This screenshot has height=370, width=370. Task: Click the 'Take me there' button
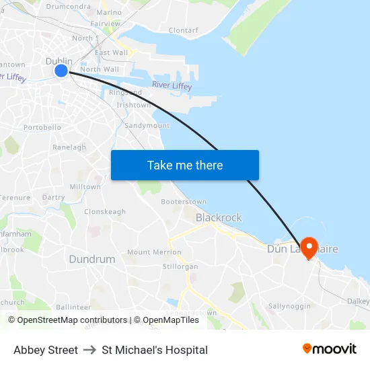pyautogui.click(x=184, y=165)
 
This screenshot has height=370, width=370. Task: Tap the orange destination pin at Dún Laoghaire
pyautogui.click(x=309, y=247)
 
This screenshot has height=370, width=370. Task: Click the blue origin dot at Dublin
pyautogui.click(x=61, y=70)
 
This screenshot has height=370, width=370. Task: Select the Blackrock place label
pyautogui.click(x=219, y=217)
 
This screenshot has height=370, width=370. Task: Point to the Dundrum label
pyautogui.click(x=91, y=259)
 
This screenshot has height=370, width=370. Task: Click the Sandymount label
pyautogui.click(x=147, y=126)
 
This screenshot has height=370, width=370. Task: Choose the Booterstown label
pyautogui.click(x=184, y=201)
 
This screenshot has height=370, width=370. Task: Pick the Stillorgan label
pyautogui.click(x=180, y=266)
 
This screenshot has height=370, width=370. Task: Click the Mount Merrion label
pyautogui.click(x=154, y=252)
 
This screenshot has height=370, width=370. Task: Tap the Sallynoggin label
pyautogui.click(x=289, y=306)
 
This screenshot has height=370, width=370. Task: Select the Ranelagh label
pyautogui.click(x=69, y=147)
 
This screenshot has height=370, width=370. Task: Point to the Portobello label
pyautogui.click(x=42, y=127)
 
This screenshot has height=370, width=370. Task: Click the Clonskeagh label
pyautogui.click(x=105, y=211)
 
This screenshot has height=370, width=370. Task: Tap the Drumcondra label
pyautogui.click(x=69, y=7)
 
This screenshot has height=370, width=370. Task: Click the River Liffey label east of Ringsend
pyautogui.click(x=172, y=85)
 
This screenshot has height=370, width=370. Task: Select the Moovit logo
pyautogui.click(x=329, y=349)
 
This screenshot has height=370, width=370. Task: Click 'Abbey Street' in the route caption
pyautogui.click(x=46, y=350)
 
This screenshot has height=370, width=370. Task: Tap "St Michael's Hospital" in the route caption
pyautogui.click(x=155, y=350)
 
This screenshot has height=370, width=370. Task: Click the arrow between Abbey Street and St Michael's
pyautogui.click(x=90, y=350)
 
